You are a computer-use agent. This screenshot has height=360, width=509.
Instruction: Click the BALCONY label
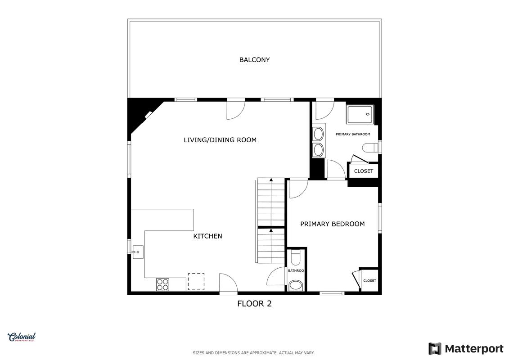click(255, 60)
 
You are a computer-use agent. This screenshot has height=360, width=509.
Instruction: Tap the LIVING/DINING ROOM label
click(220, 140)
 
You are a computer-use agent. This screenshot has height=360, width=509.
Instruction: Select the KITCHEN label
click(208, 236)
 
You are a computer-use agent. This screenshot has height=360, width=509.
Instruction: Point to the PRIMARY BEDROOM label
click(333, 224)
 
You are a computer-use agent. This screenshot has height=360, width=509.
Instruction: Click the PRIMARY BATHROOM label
click(353, 134)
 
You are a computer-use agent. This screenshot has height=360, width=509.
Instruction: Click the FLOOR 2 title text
click(255, 303)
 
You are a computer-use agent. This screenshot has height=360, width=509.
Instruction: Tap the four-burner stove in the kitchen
click(162, 285)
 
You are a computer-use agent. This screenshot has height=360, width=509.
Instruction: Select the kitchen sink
click(138, 252)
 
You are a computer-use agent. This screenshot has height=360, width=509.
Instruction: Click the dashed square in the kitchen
click(196, 282)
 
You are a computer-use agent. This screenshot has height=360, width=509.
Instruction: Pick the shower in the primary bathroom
click(360, 115)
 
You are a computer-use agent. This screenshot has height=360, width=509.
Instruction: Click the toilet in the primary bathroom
click(371, 148)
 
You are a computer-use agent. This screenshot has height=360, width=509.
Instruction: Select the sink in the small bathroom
click(295, 285)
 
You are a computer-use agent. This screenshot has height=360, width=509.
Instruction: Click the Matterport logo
click(466, 349)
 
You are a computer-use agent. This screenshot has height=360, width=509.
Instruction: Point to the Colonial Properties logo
click(22, 337)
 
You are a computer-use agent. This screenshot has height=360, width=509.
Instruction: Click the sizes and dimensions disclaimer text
click(253, 353)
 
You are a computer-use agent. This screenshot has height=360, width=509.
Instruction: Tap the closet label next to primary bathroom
click(364, 171)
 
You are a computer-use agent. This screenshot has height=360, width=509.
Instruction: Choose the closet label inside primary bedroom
click(370, 281)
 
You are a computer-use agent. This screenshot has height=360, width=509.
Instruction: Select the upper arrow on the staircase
click(271, 180)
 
